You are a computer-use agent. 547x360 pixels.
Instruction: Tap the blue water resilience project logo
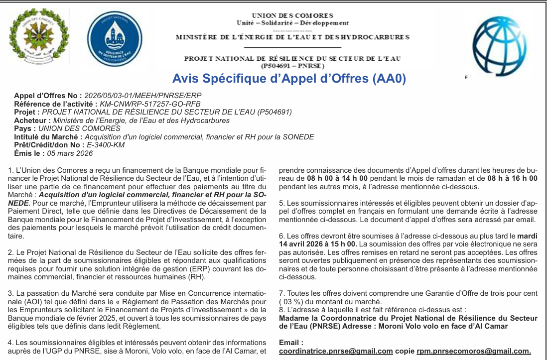(x=114, y=38)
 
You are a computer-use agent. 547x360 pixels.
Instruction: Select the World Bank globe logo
(x=499, y=40)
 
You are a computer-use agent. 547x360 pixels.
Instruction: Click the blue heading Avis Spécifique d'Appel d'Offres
(x=289, y=79)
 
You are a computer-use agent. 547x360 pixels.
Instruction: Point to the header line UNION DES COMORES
(x=292, y=16)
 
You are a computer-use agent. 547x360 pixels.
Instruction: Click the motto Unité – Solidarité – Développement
(x=292, y=23)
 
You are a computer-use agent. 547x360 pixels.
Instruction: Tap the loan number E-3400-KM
(x=106, y=145)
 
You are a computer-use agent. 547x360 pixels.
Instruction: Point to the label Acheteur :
(x=32, y=120)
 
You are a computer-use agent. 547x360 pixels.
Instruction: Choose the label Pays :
(x=25, y=128)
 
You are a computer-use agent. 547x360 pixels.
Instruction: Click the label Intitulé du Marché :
(x=48, y=137)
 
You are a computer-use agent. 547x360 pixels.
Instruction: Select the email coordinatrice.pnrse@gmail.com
(x=336, y=351)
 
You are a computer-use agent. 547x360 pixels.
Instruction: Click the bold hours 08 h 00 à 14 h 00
(x=337, y=178)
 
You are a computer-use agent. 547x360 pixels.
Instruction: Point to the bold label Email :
(x=291, y=343)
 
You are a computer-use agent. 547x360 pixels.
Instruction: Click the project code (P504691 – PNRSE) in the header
(x=292, y=65)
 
